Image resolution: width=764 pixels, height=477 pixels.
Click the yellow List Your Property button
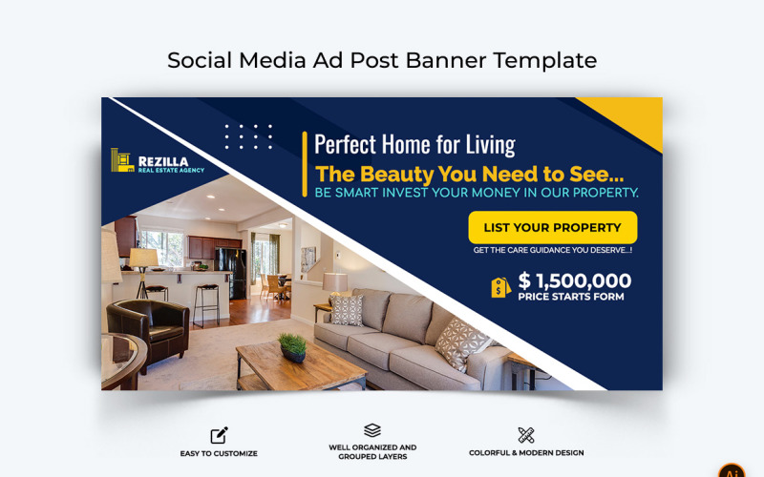552,227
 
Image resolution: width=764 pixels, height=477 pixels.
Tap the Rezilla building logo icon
121,161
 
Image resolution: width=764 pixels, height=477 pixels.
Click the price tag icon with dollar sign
500,287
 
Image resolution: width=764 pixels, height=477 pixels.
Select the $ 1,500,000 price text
574,280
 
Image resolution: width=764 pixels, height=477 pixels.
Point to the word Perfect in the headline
346,145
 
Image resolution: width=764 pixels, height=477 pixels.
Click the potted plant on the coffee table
292,346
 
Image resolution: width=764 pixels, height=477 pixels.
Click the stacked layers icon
372,431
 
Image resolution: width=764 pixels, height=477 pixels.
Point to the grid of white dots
248,136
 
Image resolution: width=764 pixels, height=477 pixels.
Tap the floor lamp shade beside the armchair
143,258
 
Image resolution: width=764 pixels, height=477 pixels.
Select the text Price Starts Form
571,297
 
